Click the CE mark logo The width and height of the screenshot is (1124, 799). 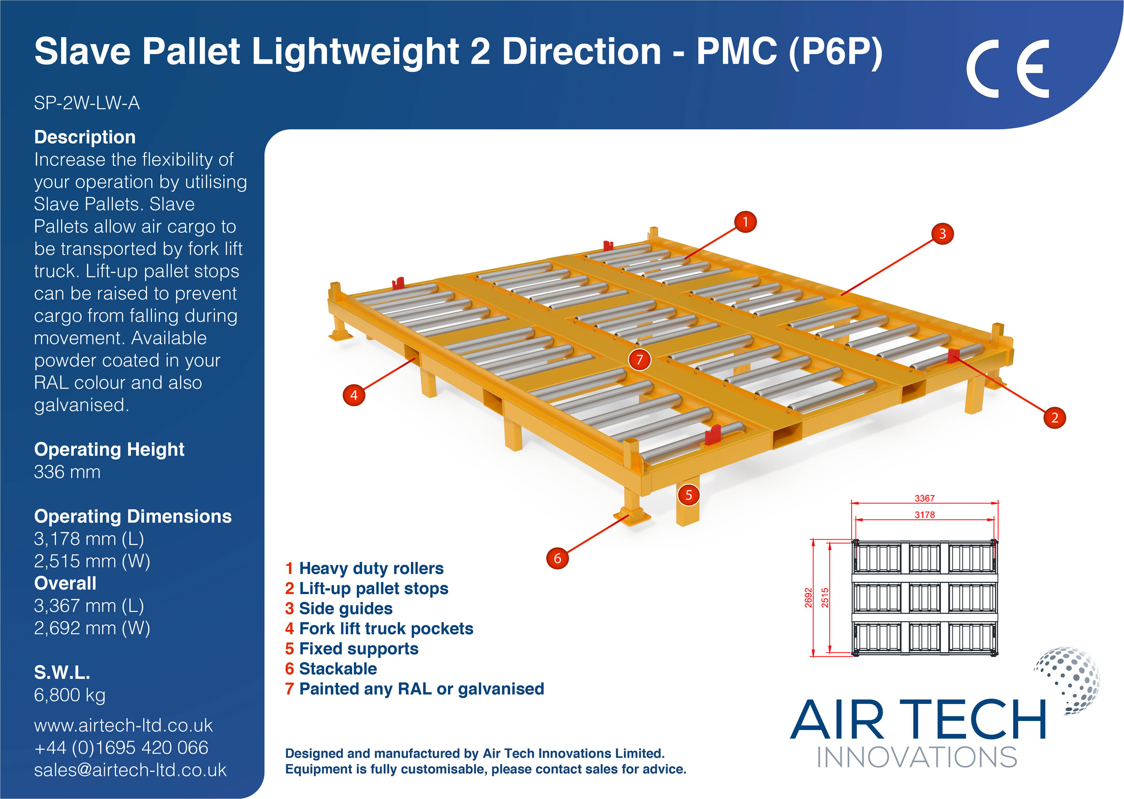[x=1007, y=68]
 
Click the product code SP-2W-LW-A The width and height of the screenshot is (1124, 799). [x=87, y=103]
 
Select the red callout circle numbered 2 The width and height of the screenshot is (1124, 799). [x=1054, y=418]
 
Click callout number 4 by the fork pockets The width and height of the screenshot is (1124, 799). [x=354, y=395]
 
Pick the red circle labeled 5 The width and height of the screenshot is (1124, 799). [x=689, y=495]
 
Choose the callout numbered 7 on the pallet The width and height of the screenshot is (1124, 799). [x=639, y=360]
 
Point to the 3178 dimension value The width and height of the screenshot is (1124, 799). [x=924, y=515]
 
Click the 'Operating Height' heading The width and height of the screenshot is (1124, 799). [x=109, y=449]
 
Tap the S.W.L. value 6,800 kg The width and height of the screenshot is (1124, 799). [x=70, y=695]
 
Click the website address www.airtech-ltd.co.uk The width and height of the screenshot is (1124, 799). [x=124, y=725]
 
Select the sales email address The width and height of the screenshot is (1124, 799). [x=130, y=770]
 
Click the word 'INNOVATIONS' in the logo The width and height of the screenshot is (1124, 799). [x=917, y=757]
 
